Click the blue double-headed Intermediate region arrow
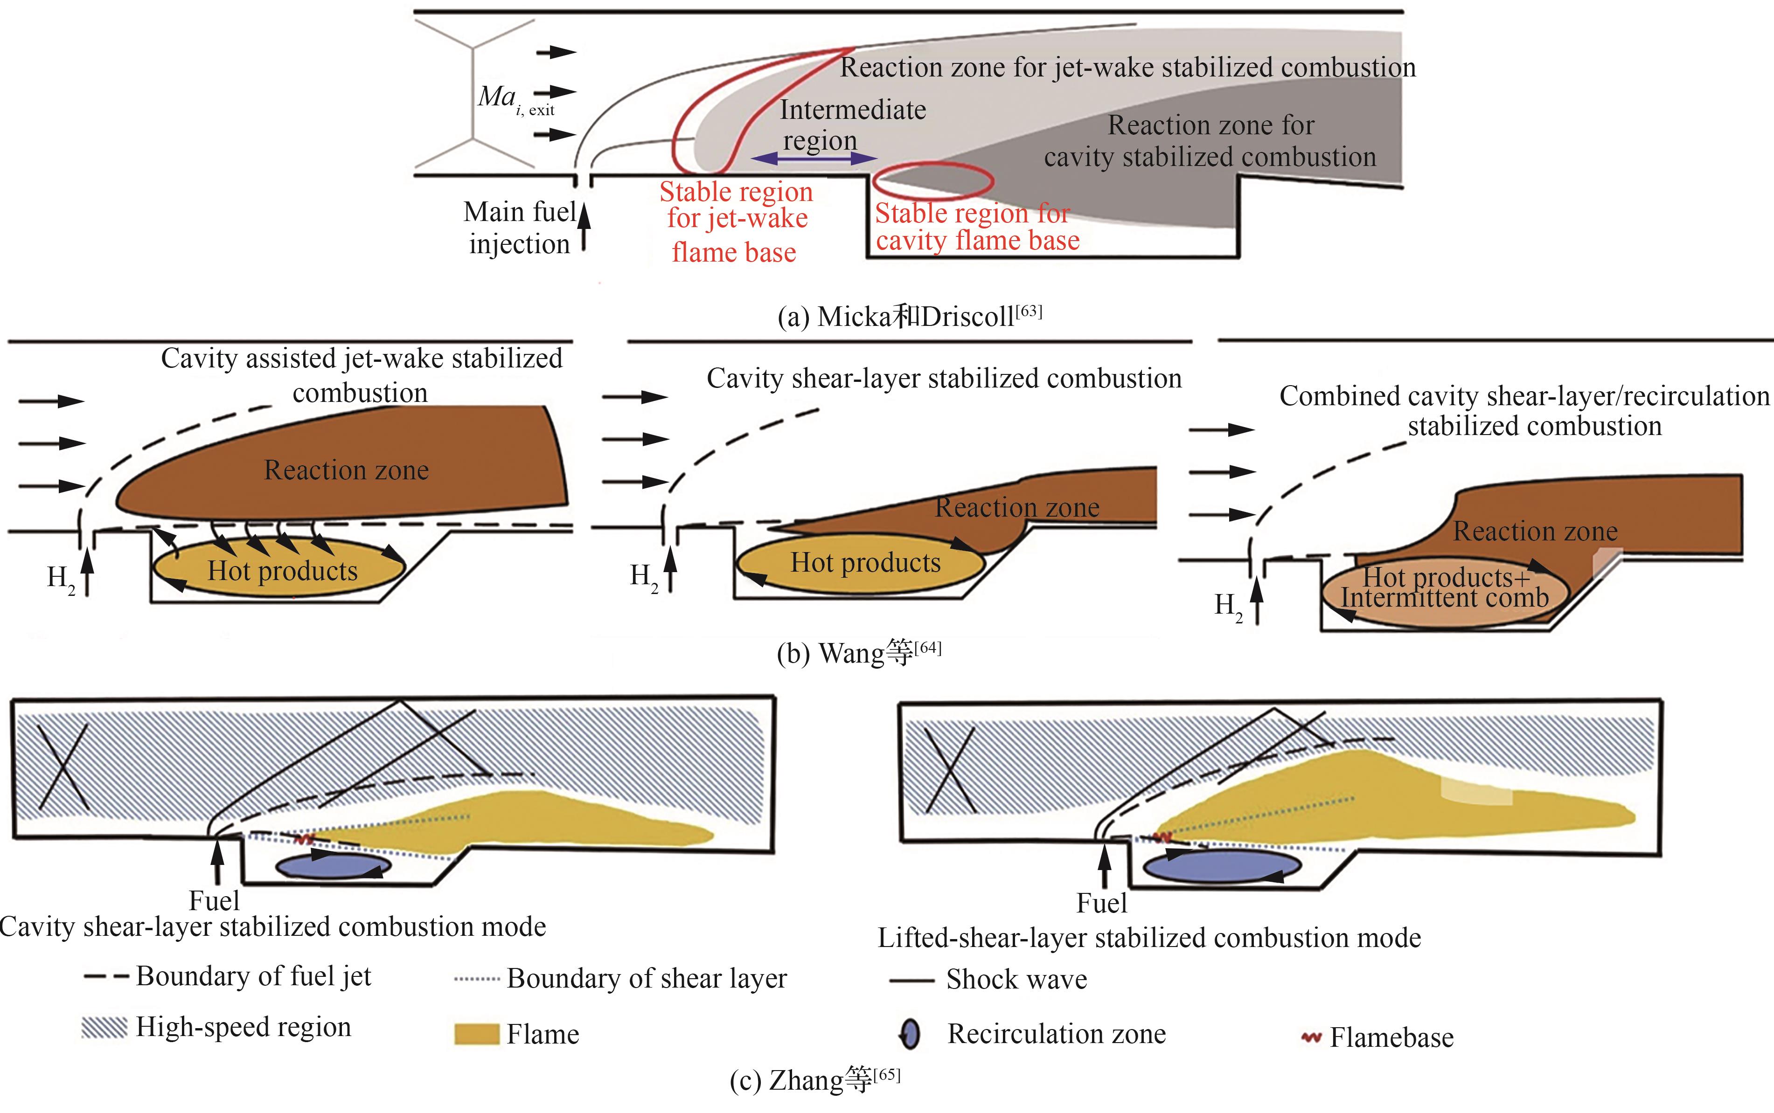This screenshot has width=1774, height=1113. click(814, 158)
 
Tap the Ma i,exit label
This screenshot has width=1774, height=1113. click(515, 99)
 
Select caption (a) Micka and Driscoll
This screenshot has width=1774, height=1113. click(910, 316)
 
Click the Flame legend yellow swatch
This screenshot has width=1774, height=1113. click(476, 1033)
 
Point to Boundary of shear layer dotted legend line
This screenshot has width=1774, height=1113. click(477, 979)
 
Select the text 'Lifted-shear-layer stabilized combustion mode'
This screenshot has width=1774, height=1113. click(1149, 937)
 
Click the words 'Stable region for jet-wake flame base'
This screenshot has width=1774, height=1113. click(736, 221)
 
